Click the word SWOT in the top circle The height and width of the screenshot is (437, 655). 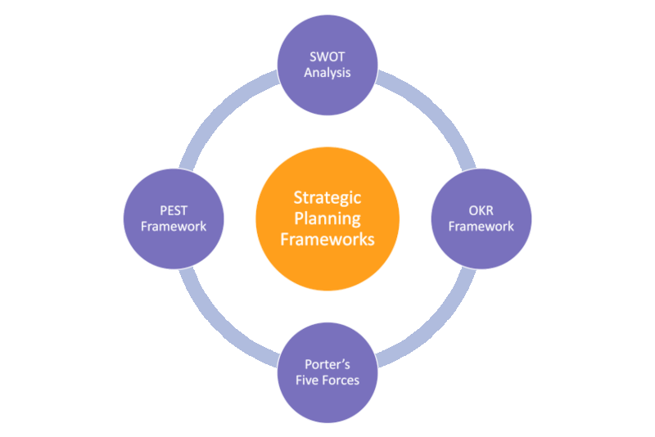tap(327, 58)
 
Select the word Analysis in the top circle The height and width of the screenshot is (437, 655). tap(327, 73)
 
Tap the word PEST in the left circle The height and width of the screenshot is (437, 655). tap(173, 211)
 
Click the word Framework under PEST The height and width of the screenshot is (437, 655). tap(173, 226)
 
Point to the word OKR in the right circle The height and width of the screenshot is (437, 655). tap(481, 211)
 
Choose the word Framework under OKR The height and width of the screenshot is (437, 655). tap(481, 226)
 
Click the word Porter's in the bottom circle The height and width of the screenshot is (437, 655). tap(327, 365)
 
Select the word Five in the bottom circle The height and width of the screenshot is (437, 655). tap(309, 380)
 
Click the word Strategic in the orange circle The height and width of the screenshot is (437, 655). tap(327, 198)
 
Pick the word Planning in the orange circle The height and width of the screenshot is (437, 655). tap(327, 218)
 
